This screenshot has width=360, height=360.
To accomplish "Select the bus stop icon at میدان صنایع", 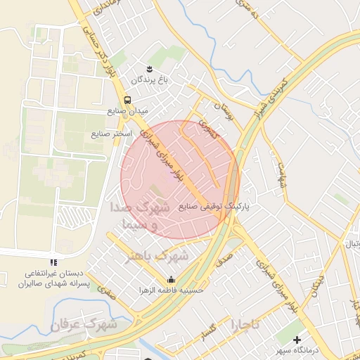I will click(127, 100).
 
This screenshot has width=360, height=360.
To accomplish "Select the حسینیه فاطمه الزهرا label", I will click(171, 290).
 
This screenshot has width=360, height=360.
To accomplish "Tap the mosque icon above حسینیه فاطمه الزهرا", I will click(171, 278).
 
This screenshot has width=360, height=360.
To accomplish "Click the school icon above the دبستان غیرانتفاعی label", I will click(65, 264).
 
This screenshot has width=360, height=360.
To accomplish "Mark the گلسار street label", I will click(211, 336).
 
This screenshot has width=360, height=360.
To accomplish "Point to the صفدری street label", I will click(105, 288).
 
